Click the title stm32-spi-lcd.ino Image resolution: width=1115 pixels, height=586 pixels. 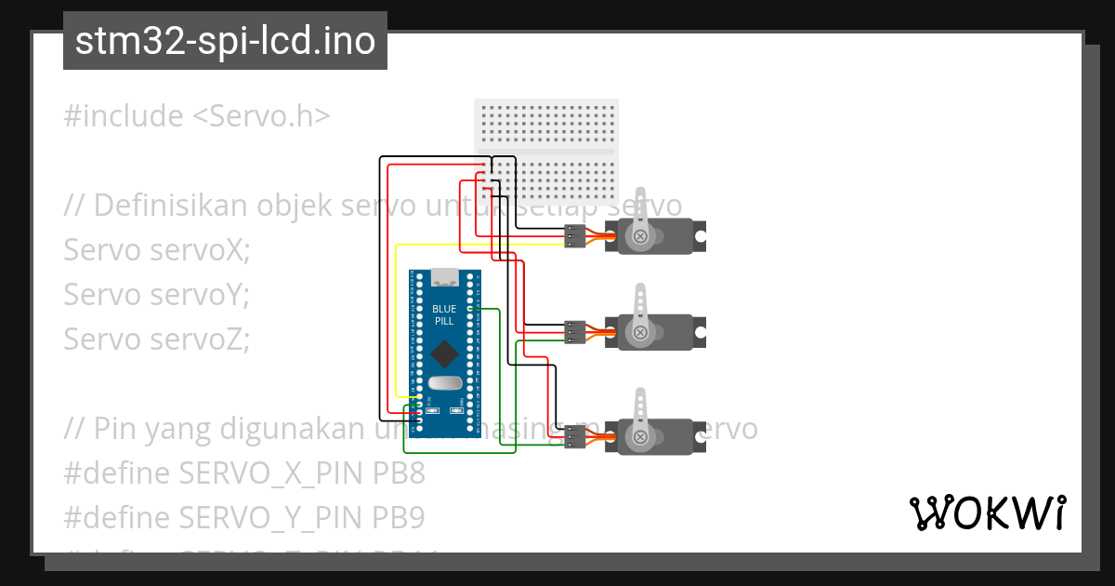coord(225,42)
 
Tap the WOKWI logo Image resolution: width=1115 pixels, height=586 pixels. coord(987,513)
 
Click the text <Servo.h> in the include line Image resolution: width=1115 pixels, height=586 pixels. coord(261,116)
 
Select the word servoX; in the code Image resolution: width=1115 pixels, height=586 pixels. coord(202,250)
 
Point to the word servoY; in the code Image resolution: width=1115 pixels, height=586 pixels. coord(202,295)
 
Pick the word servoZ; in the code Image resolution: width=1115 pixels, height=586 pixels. coord(202,340)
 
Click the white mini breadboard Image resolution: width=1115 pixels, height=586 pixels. coord(546,151)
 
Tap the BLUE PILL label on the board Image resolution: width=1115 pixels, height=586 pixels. coord(445,314)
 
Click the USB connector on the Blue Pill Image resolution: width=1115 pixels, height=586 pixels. coord(445,276)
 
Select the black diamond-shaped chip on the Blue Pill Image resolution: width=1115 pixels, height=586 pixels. coord(445,353)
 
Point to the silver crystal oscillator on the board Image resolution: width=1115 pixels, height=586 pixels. coord(445,383)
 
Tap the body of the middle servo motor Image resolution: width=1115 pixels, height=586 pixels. coord(655,333)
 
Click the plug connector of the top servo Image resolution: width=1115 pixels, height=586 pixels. coord(575,237)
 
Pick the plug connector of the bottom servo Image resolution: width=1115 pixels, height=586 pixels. coord(575,436)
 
